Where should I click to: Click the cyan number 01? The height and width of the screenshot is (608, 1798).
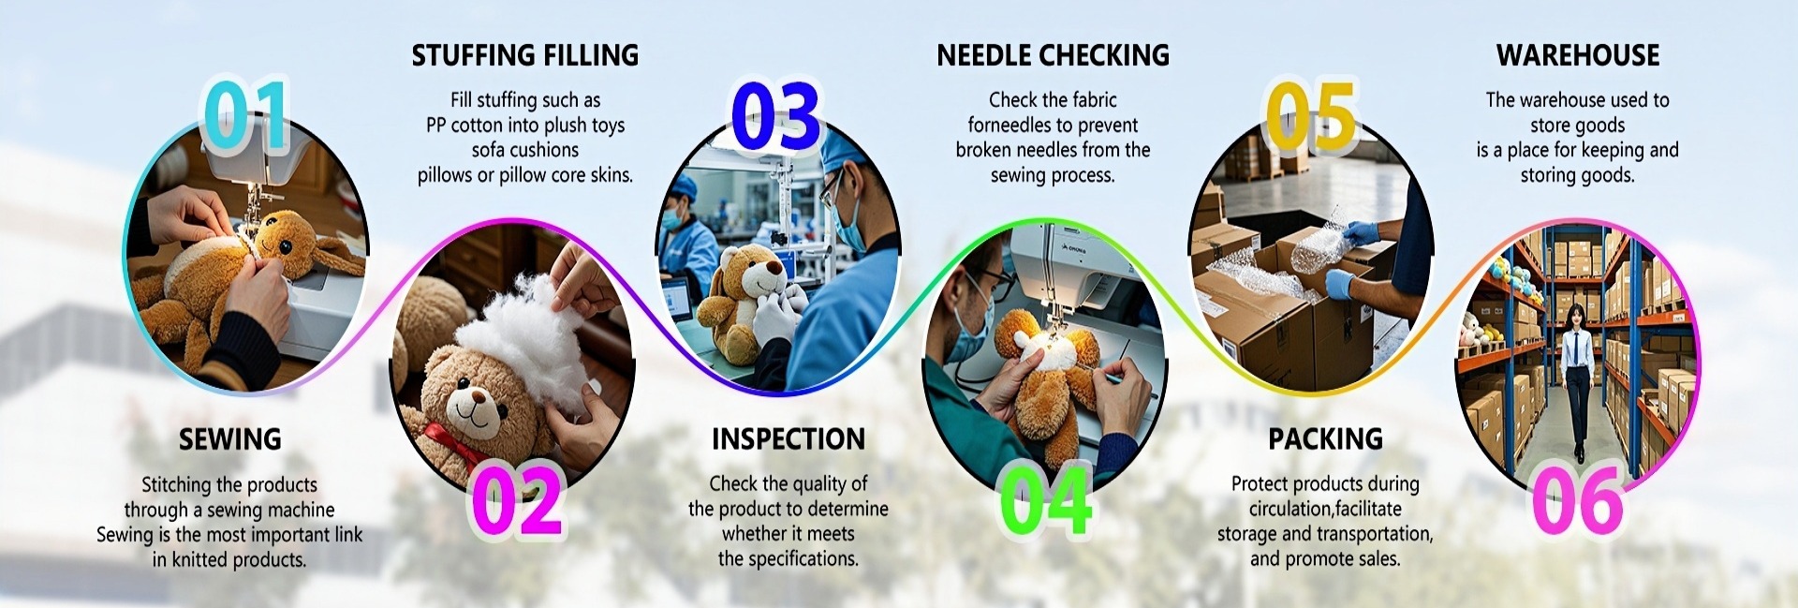tap(246, 115)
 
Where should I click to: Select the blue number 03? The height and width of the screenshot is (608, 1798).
tap(774, 116)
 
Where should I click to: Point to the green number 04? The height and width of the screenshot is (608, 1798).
tap(1044, 500)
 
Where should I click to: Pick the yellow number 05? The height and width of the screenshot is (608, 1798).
tap(1310, 116)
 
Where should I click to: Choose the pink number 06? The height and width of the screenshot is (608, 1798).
tap(1577, 500)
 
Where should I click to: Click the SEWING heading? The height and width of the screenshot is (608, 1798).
tap(229, 438)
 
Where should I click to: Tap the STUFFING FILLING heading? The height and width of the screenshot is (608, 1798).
tap(525, 55)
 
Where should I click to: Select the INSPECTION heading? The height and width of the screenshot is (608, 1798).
tap(788, 438)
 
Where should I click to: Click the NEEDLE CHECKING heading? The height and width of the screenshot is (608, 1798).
tap(1054, 55)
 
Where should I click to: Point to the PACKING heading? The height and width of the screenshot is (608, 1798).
tap(1325, 438)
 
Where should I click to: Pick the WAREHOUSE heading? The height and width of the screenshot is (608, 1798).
tap(1578, 55)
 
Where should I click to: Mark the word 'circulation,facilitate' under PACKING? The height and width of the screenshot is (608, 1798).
tap(1325, 510)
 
